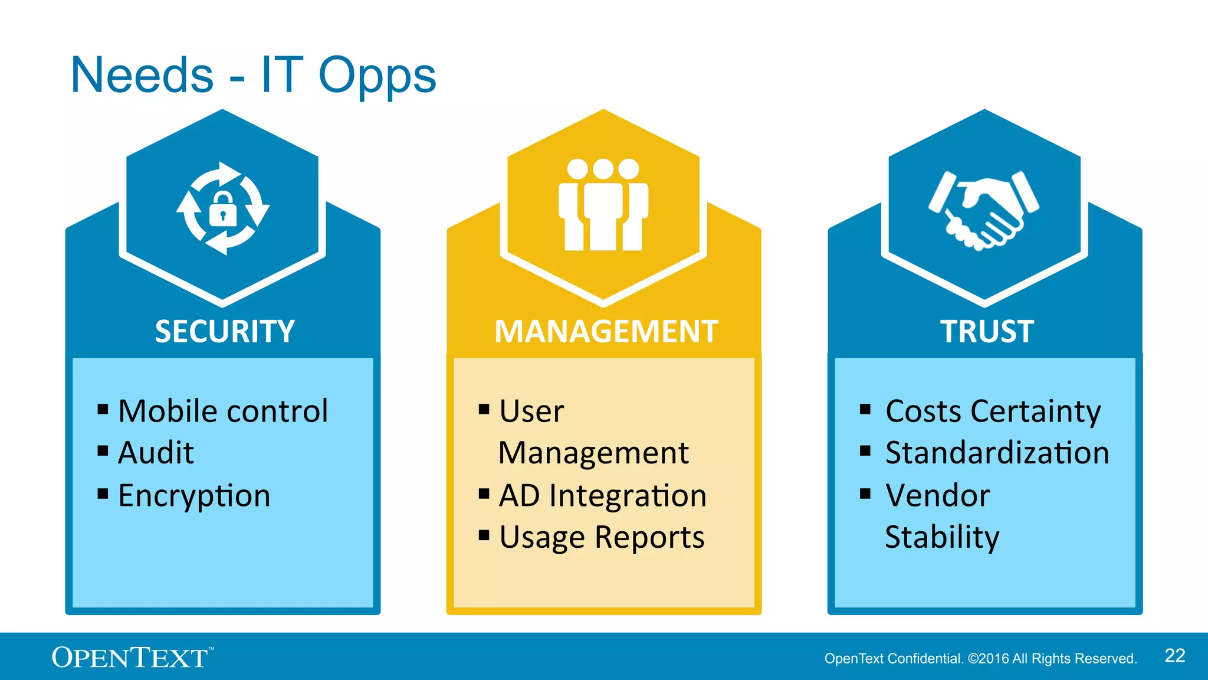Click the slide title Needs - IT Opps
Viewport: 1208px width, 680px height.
253,75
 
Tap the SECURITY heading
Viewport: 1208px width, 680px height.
225,331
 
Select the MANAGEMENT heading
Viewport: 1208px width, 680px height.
606,331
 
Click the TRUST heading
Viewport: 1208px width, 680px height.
987,331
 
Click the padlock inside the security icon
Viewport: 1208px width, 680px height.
222,210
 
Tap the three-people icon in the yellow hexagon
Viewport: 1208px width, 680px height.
603,205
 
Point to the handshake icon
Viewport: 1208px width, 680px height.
983,210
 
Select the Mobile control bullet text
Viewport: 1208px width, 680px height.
222,411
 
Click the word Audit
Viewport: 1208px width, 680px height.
156,453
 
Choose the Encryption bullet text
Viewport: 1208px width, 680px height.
194,495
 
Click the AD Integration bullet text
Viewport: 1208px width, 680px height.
602,495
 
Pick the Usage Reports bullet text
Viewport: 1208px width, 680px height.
602,538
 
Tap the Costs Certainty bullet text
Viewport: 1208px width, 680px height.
993,411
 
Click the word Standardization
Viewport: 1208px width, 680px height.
997,453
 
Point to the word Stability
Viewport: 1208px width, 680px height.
942,537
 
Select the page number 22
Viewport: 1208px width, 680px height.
1174,656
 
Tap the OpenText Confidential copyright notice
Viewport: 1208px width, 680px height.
980,659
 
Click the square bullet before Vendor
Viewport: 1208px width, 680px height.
865,493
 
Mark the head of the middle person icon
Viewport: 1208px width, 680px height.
603,169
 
